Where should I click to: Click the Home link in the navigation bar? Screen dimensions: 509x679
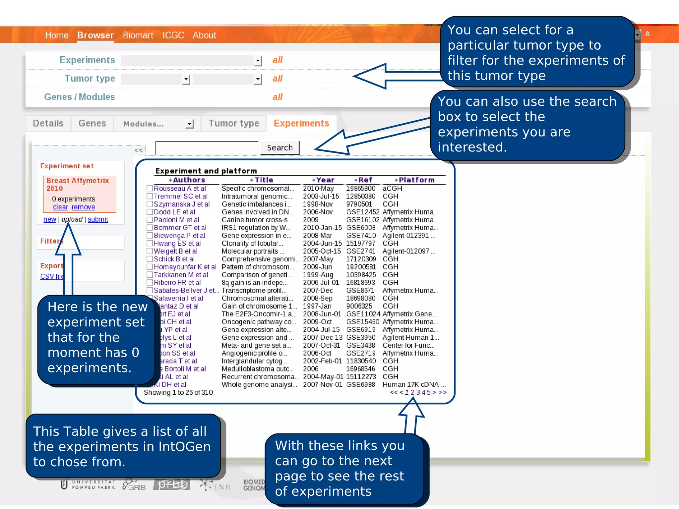pos(57,35)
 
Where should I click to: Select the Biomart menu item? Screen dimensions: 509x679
pos(138,35)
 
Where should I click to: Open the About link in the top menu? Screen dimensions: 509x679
pos(204,35)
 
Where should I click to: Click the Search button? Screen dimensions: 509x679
pos(280,148)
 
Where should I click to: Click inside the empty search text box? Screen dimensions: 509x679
pos(207,148)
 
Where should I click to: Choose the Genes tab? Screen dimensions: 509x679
pos(92,123)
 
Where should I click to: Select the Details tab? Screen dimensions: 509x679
pos(48,123)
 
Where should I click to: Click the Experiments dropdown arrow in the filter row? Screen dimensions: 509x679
pos(258,61)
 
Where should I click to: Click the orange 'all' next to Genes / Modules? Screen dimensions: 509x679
pos(277,97)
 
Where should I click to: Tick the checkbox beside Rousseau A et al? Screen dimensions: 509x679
pos(150,188)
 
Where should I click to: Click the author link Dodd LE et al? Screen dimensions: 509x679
pos(174,212)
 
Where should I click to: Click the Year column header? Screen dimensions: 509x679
pos(325,180)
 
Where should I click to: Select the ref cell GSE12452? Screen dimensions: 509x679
pos(362,212)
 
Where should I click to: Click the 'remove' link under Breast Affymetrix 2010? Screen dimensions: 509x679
pos(83,207)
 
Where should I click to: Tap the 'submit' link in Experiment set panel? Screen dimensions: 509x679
pos(98,219)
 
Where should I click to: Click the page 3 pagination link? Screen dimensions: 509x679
pos(418,392)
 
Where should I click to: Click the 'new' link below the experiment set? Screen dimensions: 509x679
pos(50,219)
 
